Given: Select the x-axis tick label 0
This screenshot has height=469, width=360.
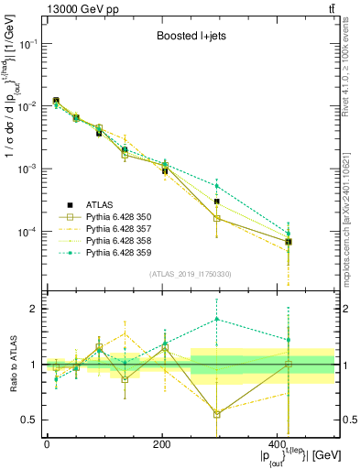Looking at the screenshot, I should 47,444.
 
